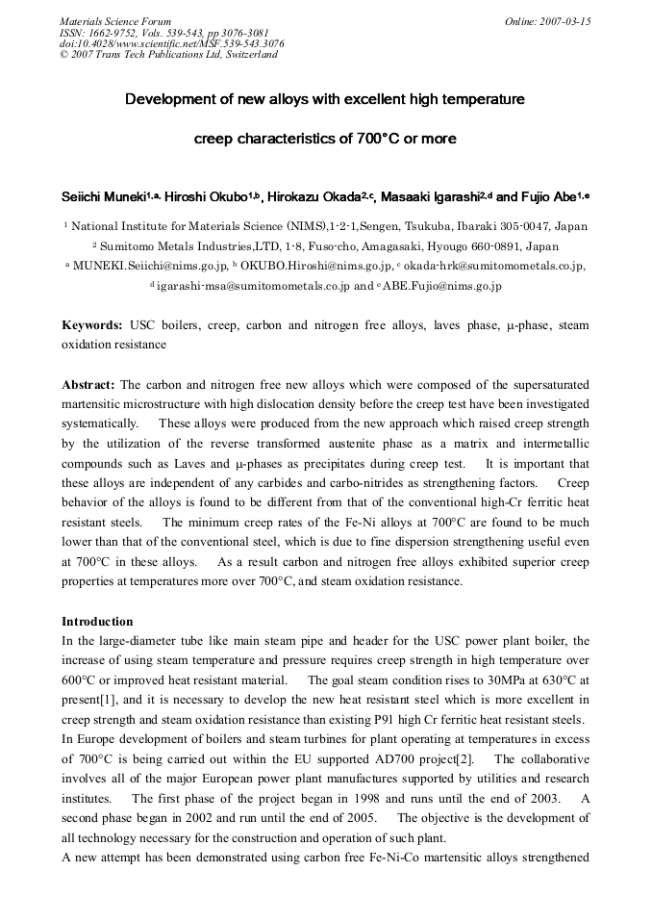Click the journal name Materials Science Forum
point(115,20)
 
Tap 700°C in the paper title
point(358,139)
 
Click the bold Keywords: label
point(92,325)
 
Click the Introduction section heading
point(97,621)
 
